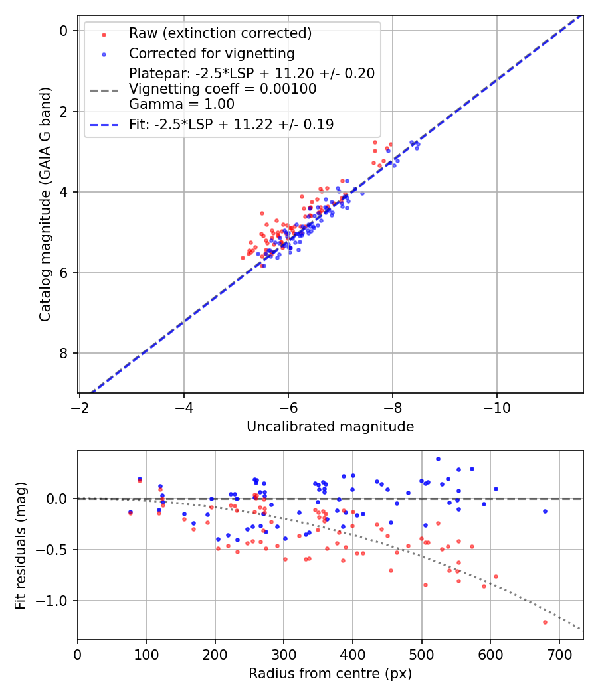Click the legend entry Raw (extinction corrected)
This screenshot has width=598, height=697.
point(220,33)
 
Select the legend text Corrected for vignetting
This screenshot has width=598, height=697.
point(212,53)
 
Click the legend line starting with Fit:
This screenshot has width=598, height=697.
point(231,124)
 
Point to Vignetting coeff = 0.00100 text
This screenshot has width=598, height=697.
point(223,88)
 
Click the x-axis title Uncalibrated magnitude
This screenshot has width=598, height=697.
point(330,427)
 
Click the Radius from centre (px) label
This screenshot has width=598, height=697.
point(330,674)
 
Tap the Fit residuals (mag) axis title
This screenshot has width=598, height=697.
point(21,544)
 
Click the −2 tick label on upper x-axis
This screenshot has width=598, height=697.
point(80,406)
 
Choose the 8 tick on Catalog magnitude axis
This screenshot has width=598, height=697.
point(64,353)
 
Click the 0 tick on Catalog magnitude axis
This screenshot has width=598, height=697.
point(64,31)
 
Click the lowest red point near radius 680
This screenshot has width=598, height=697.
point(545,622)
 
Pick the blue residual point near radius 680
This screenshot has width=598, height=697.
point(545,511)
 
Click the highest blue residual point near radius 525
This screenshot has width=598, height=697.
point(438,459)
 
